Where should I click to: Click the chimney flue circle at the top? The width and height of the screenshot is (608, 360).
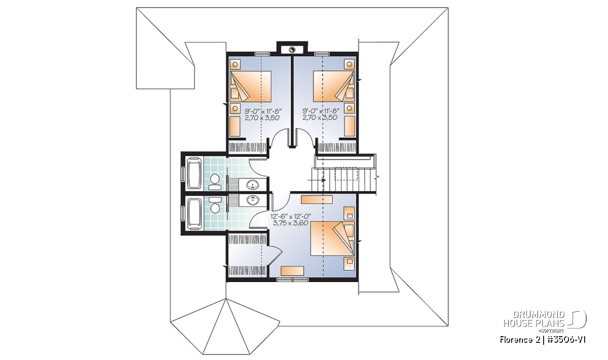pyautogui.click(x=292, y=50)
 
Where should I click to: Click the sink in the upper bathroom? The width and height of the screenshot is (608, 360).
pyautogui.click(x=253, y=185)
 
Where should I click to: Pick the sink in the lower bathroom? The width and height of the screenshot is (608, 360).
pyautogui.click(x=253, y=200)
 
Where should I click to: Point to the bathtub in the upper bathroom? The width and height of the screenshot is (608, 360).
pyautogui.click(x=194, y=174)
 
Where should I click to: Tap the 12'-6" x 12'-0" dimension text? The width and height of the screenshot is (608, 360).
pyautogui.click(x=291, y=217)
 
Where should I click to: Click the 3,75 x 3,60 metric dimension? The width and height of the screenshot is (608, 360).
pyautogui.click(x=290, y=223)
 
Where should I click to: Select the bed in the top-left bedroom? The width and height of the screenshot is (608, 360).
pyautogui.click(x=251, y=87)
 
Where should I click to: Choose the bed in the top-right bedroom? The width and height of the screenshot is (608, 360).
pyautogui.click(x=334, y=87)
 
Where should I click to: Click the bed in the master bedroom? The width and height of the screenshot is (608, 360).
pyautogui.click(x=333, y=238)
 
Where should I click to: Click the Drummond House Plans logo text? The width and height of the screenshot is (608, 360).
pyautogui.click(x=535, y=319)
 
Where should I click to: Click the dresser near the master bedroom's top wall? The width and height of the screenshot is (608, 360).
pyautogui.click(x=317, y=199)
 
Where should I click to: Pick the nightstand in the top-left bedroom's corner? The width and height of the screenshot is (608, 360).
pyautogui.click(x=235, y=65)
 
